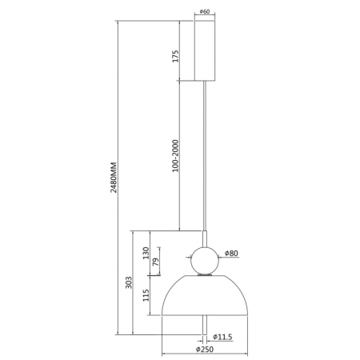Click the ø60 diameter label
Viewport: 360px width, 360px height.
coord(205,11)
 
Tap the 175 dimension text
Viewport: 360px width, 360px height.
coord(175,56)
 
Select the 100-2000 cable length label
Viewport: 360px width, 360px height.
coord(175,156)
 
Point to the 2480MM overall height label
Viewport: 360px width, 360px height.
coord(114,177)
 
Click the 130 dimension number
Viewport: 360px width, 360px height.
coord(146,253)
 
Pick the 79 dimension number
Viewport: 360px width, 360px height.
coord(156,262)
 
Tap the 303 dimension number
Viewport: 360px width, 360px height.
coord(129,282)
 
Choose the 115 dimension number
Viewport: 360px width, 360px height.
coord(146,295)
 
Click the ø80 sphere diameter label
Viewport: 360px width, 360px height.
coord(231,253)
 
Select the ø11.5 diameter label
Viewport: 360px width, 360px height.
coord(222,337)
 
